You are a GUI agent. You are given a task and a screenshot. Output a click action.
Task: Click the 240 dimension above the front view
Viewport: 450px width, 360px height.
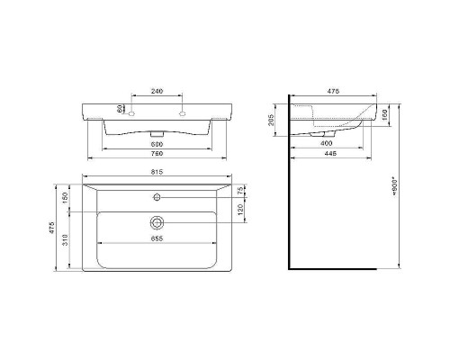click(157, 91)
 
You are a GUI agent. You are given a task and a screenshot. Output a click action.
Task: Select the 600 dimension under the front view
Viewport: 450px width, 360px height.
click(157, 145)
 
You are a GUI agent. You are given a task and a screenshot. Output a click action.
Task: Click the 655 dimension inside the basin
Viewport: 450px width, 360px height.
click(157, 239)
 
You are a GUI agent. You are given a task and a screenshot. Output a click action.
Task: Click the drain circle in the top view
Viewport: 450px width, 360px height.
click(157, 221)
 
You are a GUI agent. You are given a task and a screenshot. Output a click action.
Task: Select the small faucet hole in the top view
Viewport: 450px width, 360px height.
click(157, 195)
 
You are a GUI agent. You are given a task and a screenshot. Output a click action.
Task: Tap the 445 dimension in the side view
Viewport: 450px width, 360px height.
click(331, 155)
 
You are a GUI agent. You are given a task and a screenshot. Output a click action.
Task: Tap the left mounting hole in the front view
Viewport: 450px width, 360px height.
click(131, 113)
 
